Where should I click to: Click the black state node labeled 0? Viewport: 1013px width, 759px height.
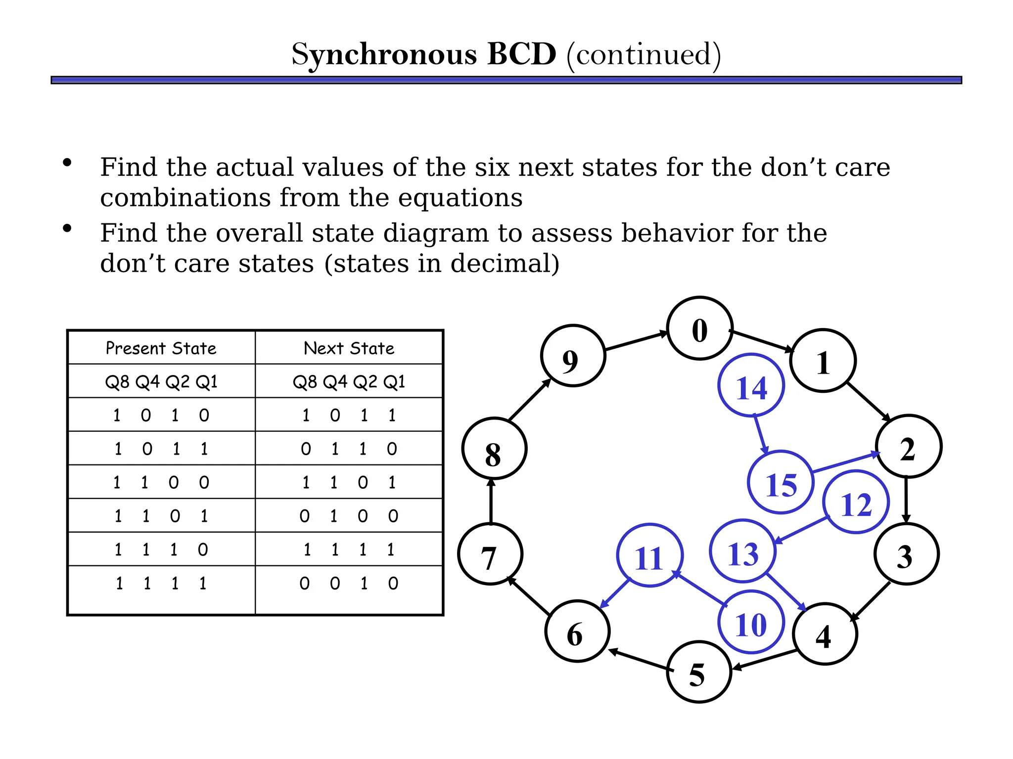point(699,329)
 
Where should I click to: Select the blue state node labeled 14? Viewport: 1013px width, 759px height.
point(751,385)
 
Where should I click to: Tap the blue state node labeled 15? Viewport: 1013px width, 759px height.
point(781,483)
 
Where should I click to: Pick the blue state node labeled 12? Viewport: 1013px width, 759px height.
point(856,502)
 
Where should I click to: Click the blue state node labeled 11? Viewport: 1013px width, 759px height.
point(649,555)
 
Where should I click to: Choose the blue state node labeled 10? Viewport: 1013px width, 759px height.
point(751,622)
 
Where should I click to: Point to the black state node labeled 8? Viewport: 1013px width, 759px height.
point(494,449)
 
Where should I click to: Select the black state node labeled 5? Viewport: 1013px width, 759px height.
point(699,672)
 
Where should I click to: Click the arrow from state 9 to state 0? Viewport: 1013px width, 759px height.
point(636,341)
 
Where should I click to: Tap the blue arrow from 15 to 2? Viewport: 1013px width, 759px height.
point(846,462)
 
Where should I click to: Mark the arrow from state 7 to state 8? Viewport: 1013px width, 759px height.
point(491,502)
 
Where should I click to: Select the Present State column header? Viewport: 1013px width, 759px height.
point(161,348)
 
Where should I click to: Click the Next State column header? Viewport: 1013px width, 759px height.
point(349,348)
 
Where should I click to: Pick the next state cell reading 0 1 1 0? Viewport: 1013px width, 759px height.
point(349,449)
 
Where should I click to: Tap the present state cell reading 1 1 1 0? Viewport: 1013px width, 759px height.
point(161,549)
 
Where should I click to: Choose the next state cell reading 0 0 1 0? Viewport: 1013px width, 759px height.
point(349,583)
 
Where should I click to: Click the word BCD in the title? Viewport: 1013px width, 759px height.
point(521,54)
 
